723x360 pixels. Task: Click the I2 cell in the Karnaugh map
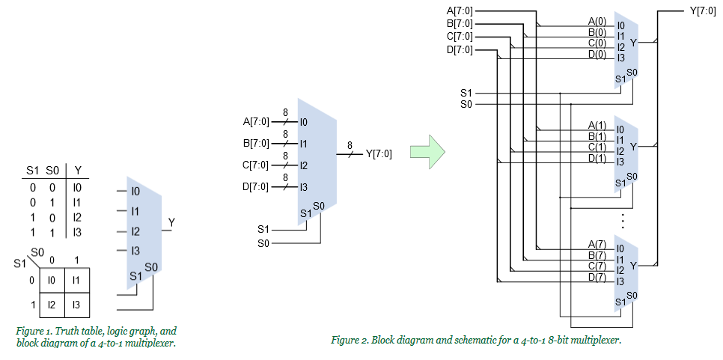(x=52, y=305)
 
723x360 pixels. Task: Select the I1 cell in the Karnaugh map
(x=78, y=280)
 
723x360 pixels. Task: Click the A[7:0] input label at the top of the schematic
(x=459, y=10)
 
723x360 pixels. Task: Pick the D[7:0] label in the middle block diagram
(x=255, y=186)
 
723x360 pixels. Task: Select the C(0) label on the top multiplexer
(x=597, y=43)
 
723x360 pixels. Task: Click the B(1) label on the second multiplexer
(x=597, y=136)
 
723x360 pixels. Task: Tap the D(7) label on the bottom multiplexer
(x=597, y=278)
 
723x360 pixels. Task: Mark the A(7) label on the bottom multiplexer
(x=597, y=244)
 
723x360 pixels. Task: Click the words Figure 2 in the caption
(x=350, y=341)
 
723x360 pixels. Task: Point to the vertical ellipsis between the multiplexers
(x=623, y=220)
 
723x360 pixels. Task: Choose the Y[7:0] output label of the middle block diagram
(x=379, y=154)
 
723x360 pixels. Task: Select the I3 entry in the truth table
(x=77, y=232)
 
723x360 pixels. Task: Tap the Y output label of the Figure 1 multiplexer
(x=171, y=223)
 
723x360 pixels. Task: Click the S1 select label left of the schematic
(x=466, y=93)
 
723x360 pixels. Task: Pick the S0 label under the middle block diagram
(x=263, y=243)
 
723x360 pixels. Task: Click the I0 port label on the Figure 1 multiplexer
(x=135, y=192)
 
